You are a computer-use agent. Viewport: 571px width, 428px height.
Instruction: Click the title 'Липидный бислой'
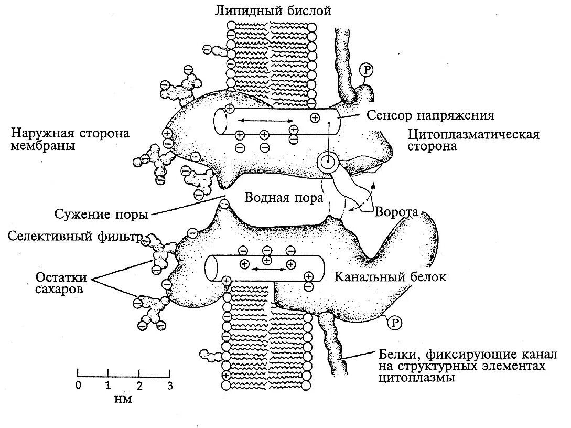pos(273,10)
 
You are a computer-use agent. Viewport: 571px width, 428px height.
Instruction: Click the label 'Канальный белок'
pos(390,277)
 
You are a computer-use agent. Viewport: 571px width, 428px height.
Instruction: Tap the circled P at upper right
pos(366,70)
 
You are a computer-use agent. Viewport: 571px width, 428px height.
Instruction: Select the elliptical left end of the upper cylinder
pos(220,122)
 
